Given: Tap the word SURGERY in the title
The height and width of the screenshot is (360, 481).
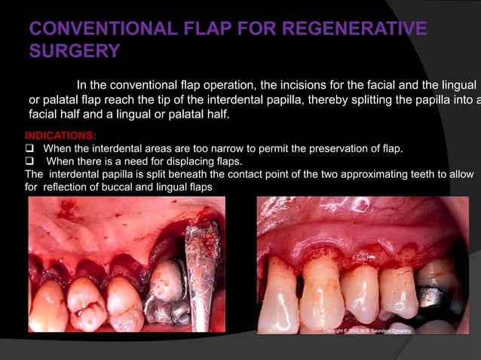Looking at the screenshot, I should [x=74, y=52].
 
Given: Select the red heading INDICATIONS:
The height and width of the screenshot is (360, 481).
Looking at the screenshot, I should [x=60, y=136].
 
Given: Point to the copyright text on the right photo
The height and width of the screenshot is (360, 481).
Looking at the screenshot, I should [x=366, y=331].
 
